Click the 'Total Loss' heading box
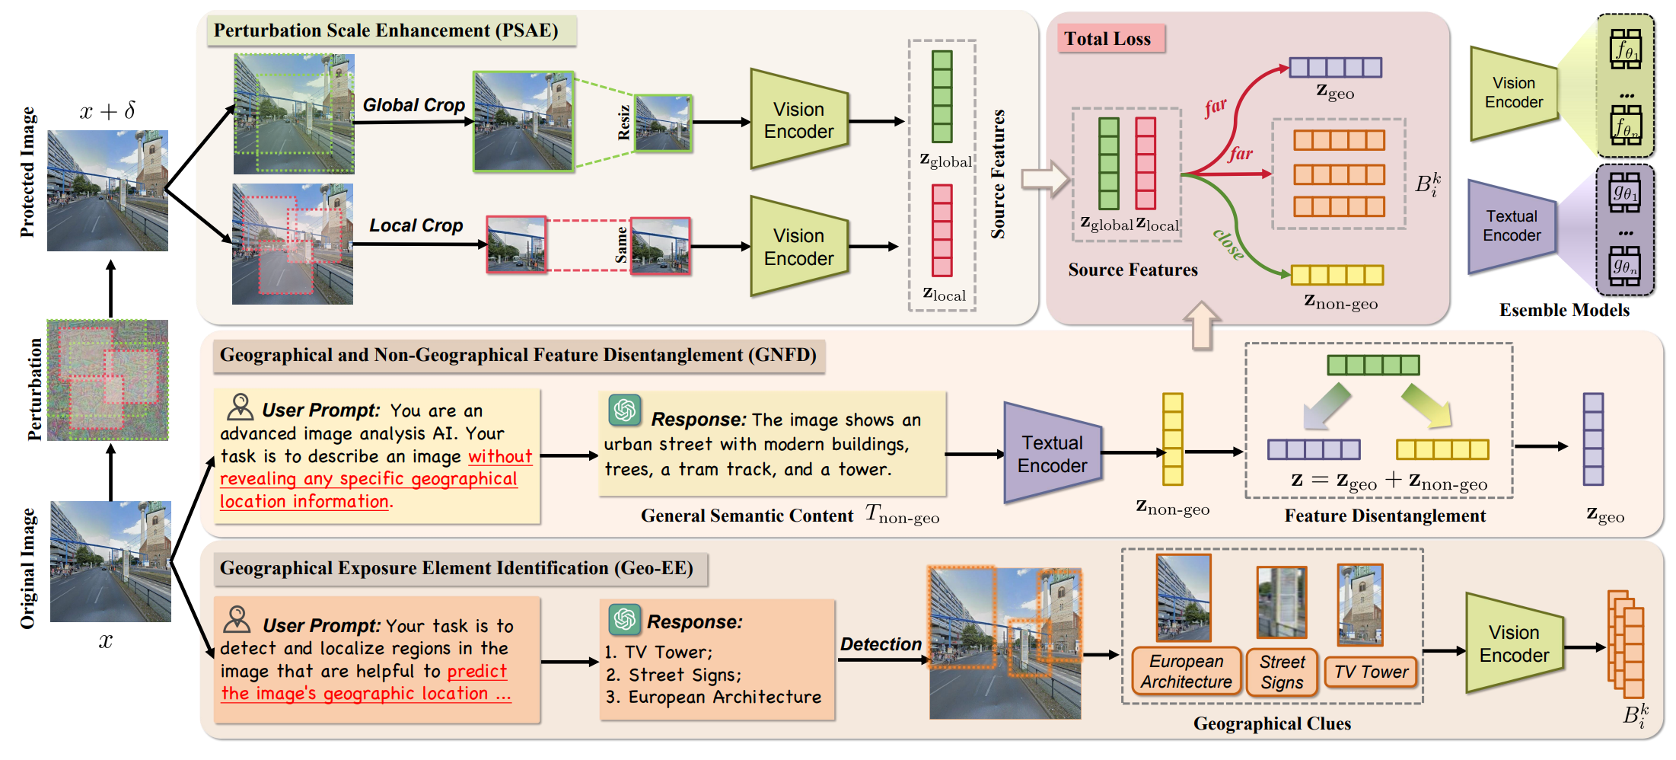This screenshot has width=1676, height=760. pos(1109,39)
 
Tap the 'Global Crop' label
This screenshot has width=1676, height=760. pos(413,105)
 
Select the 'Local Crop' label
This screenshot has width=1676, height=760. pos(416,225)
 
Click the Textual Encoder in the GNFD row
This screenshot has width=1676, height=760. pos(1052,454)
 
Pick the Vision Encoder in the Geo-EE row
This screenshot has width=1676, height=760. pos(1513,643)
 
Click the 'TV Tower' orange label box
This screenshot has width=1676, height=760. pos(1371,672)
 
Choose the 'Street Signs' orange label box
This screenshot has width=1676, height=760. pos(1282,672)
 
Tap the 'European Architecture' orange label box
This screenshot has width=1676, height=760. pos(1186,672)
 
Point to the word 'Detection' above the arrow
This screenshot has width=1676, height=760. pos(881,644)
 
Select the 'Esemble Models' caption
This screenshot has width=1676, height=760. pos(1564,310)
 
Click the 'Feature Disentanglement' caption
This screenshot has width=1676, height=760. pos(1384,516)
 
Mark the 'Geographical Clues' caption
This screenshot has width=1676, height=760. pos(1272,723)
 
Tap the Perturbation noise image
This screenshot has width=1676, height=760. pos(107,380)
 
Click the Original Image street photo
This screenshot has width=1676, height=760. pos(110,561)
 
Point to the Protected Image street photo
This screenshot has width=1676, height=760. pos(107,190)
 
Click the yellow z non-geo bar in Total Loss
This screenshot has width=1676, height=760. pos(1337,275)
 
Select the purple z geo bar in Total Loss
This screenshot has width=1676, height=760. pos(1335,68)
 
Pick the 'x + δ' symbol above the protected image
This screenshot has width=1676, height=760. pos(107,111)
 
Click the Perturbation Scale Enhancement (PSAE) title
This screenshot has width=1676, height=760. pos(386,30)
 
